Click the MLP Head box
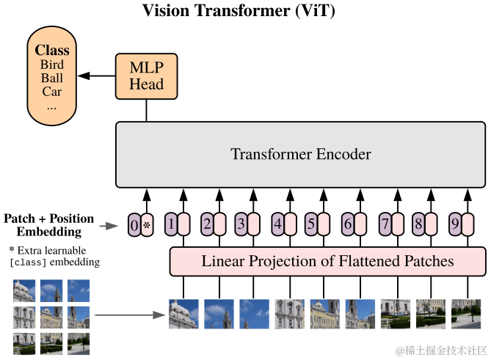coord(146,75)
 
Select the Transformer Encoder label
coord(301,154)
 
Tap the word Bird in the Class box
coord(52,65)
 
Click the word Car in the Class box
coord(52,92)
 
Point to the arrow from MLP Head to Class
coord(98,75)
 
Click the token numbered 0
coord(134,224)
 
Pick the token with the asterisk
coord(146,224)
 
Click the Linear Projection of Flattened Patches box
coord(327,261)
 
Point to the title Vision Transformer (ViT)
coord(245,10)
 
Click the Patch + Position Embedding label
coord(49,225)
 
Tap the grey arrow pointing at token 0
coord(111,225)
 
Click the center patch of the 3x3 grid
coord(51,317)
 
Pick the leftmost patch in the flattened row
coord(183,313)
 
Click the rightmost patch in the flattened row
coord(466,313)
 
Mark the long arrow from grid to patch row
coord(128,316)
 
